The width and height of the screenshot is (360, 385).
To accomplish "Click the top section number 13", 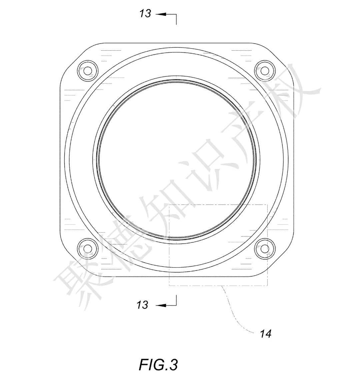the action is (x=145, y=13).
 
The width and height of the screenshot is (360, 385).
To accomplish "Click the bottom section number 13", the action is (x=142, y=305).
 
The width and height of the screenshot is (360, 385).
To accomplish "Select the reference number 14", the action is (x=266, y=334).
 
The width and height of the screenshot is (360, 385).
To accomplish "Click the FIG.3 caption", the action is (x=158, y=364).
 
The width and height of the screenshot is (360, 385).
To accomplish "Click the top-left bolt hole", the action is (x=88, y=71).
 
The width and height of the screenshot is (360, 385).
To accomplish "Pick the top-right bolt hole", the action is (x=265, y=71).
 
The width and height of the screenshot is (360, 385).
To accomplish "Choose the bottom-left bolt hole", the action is (x=88, y=249).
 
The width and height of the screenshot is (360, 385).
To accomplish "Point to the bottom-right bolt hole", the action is (x=265, y=249).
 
